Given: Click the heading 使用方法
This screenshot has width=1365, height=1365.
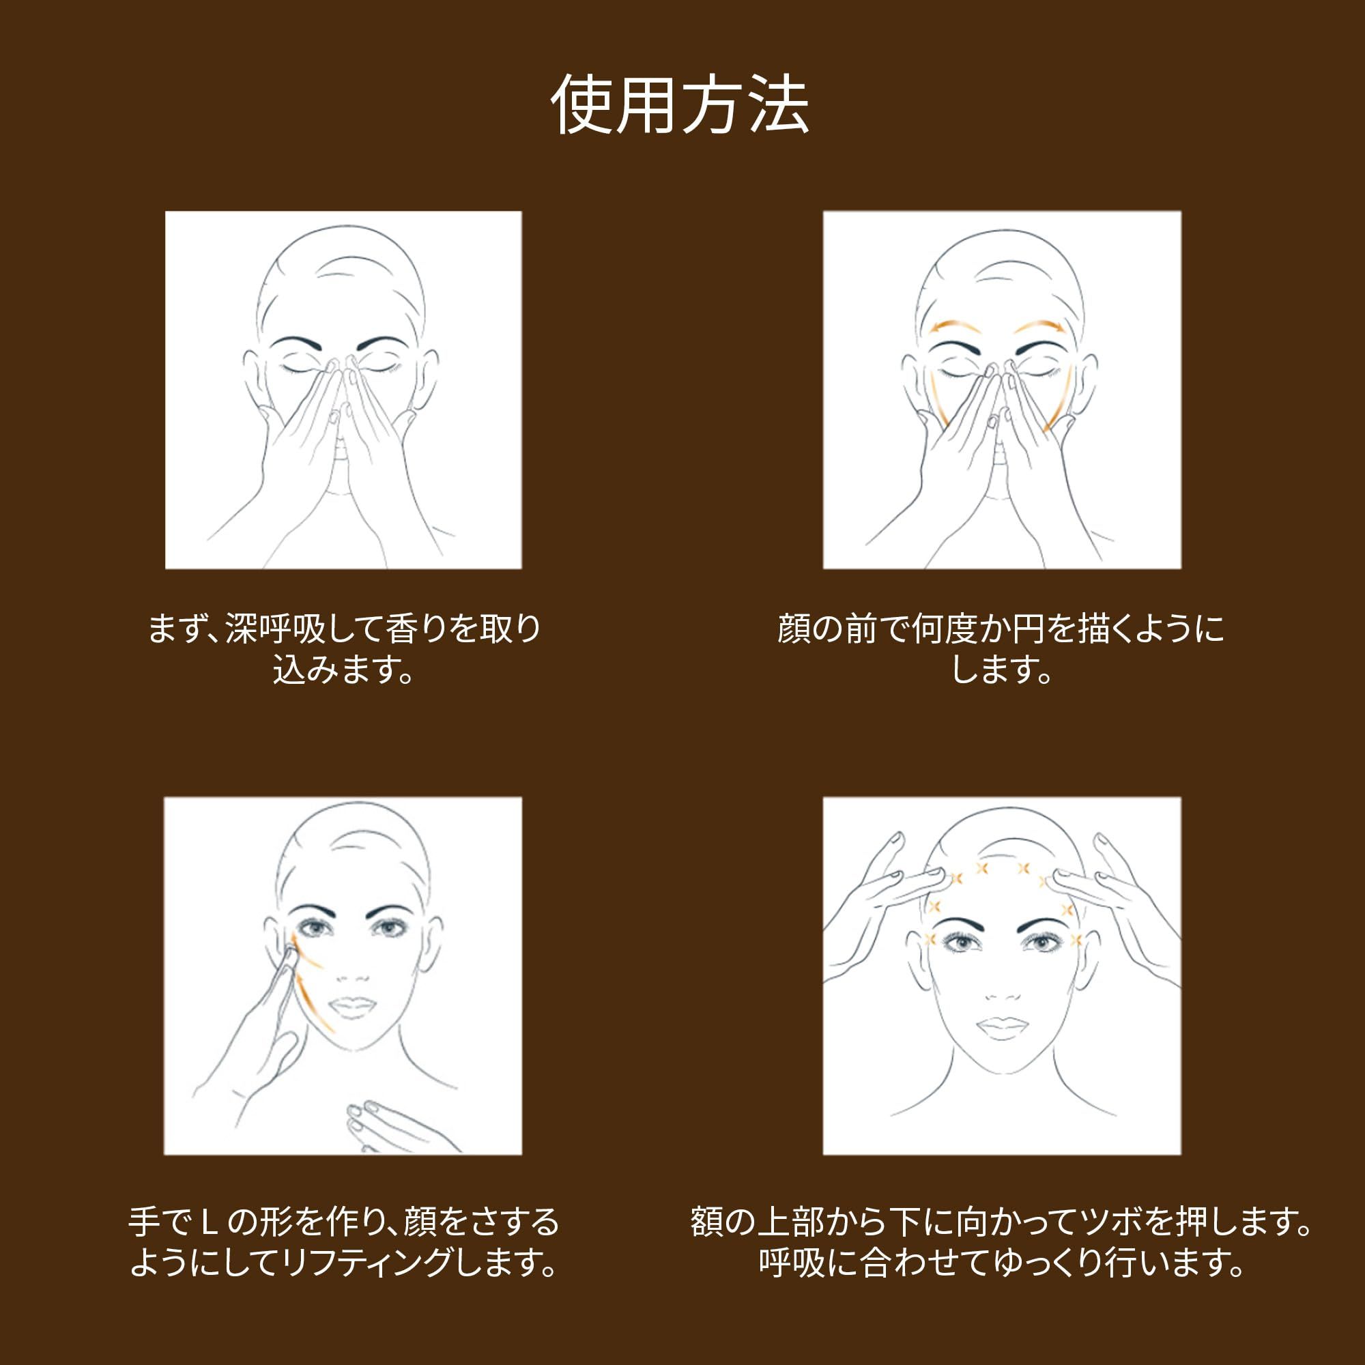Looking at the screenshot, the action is click(x=680, y=104).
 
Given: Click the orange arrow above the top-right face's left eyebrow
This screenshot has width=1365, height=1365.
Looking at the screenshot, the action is click(x=958, y=326).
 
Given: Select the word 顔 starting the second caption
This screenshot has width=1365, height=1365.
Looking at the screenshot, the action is click(x=794, y=628).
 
